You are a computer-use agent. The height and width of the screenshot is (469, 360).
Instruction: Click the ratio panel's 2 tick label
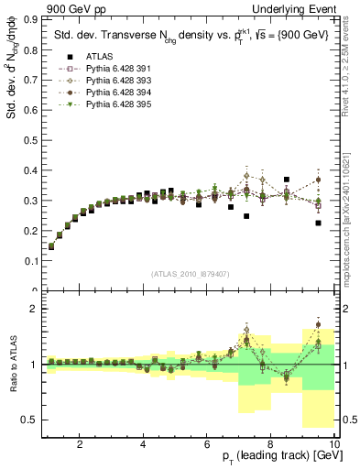click(37, 309)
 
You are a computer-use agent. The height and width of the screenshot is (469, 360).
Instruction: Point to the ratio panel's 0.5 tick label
click(34, 420)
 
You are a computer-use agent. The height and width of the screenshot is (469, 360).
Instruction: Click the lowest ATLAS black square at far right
click(318, 223)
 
